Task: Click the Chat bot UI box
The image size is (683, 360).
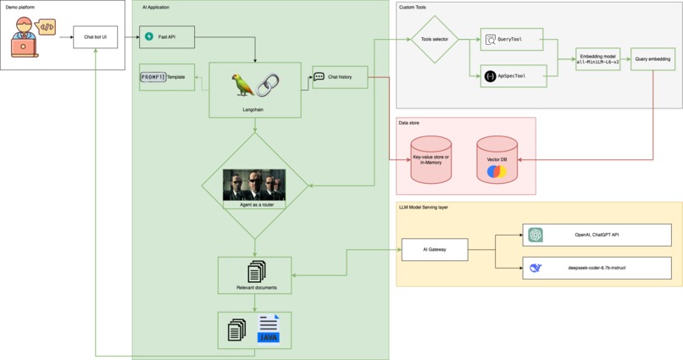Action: click(x=95, y=37)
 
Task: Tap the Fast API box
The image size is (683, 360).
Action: click(x=167, y=37)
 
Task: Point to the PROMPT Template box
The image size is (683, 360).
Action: click(x=167, y=77)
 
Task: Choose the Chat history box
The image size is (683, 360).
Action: click(x=340, y=77)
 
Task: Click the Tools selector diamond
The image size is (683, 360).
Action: click(x=435, y=39)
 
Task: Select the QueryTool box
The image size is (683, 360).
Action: click(x=512, y=39)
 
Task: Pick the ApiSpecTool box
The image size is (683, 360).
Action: click(x=512, y=76)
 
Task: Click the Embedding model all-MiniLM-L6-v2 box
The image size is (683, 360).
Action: click(x=597, y=58)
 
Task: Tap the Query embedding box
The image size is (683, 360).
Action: click(x=652, y=58)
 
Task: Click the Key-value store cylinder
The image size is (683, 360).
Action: click(x=430, y=159)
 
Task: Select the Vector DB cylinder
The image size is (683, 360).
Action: click(x=497, y=159)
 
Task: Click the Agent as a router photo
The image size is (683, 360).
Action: click(x=254, y=186)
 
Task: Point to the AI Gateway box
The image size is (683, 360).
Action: click(x=434, y=249)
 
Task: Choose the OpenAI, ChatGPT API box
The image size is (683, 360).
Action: click(x=597, y=235)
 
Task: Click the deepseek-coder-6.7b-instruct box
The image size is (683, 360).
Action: click(x=597, y=268)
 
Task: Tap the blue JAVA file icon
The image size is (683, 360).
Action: click(x=269, y=330)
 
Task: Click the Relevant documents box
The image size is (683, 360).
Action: click(x=254, y=275)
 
